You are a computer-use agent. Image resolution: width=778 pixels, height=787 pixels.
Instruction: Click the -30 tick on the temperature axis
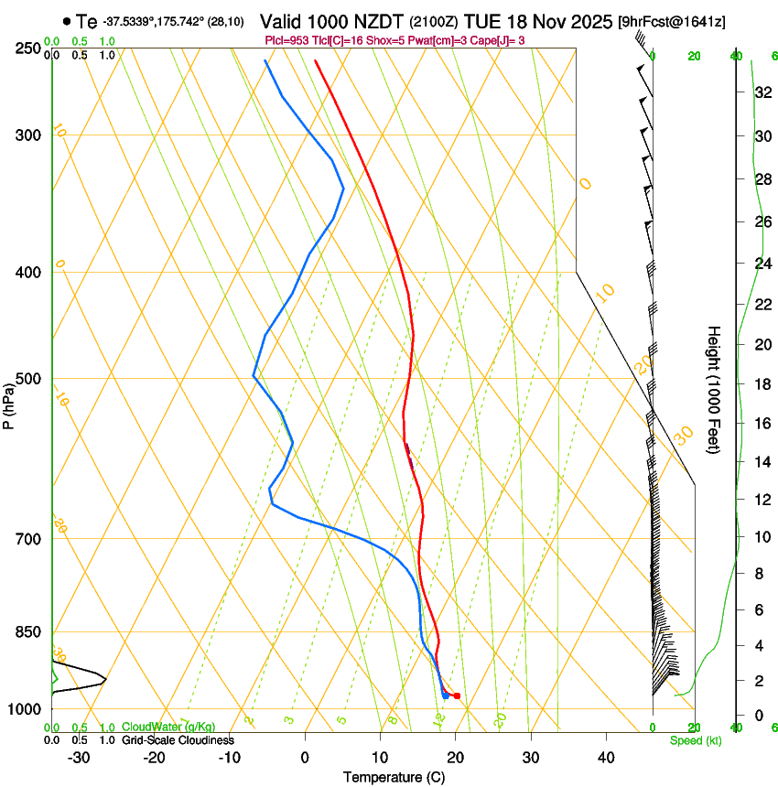pos(79,758)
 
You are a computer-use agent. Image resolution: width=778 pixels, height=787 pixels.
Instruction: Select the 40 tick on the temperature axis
pos(605,758)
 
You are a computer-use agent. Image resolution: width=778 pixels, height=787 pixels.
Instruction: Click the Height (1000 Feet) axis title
pos(714,389)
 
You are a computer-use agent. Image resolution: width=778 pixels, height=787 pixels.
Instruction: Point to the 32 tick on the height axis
pos(760,92)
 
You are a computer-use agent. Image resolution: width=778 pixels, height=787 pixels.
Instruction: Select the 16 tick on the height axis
pos(760,424)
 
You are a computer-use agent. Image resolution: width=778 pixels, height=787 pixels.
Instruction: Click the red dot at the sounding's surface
pos(457,696)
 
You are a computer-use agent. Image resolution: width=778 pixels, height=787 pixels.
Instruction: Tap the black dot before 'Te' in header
pos(67,21)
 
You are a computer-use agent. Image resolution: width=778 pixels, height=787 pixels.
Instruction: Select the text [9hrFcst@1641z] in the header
pos(671,21)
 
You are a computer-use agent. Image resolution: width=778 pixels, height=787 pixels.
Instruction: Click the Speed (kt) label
pos(695,740)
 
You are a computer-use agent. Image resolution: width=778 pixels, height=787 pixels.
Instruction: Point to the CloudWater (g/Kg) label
pos(168,728)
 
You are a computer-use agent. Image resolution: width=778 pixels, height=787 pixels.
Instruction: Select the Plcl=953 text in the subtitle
pos(286,40)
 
